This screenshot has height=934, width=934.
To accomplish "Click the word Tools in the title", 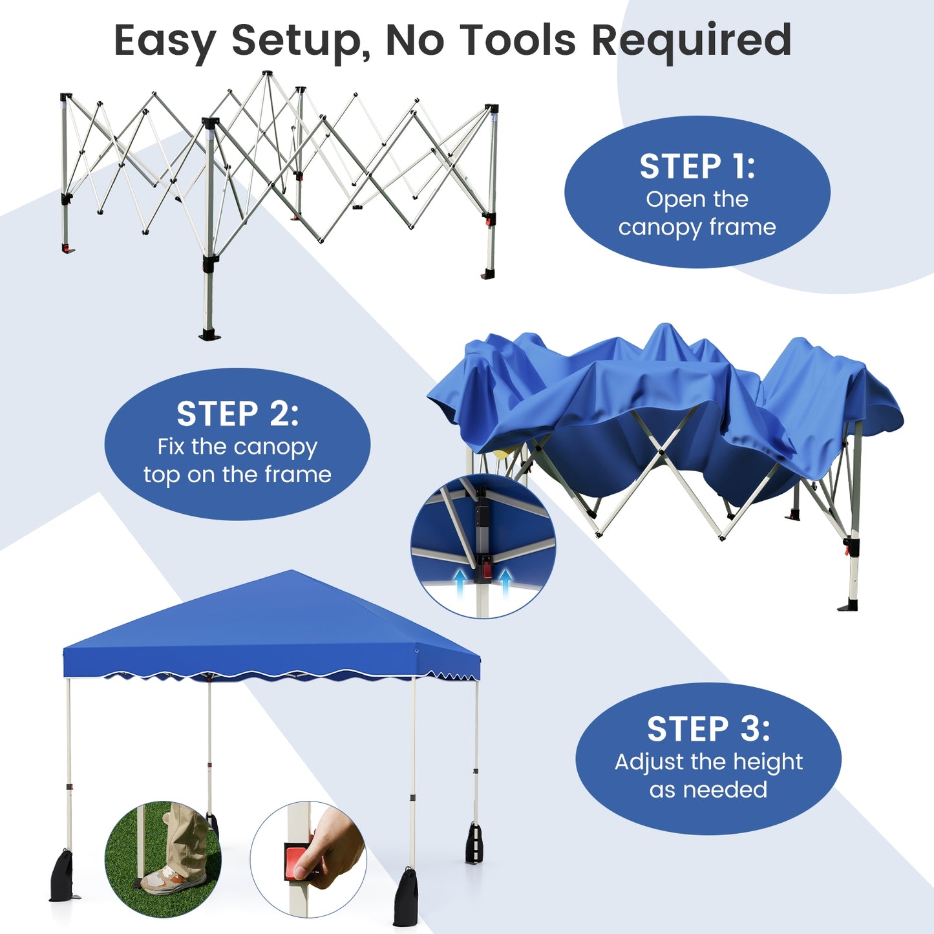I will pos(517,40).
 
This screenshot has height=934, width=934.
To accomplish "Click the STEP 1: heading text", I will pos(697,167).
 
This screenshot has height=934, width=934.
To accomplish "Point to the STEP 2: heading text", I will pos(237,414).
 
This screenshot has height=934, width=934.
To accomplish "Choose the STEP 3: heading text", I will pos(708,730).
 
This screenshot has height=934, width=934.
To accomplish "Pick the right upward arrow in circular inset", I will pos(505,582).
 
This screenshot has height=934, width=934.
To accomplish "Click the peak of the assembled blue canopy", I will pos(292,572).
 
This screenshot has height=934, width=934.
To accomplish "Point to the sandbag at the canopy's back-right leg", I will pos(474,844).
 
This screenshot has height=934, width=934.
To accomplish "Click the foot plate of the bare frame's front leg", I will pos(209,335).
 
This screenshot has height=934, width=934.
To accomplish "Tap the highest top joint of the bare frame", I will pos(267,74).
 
